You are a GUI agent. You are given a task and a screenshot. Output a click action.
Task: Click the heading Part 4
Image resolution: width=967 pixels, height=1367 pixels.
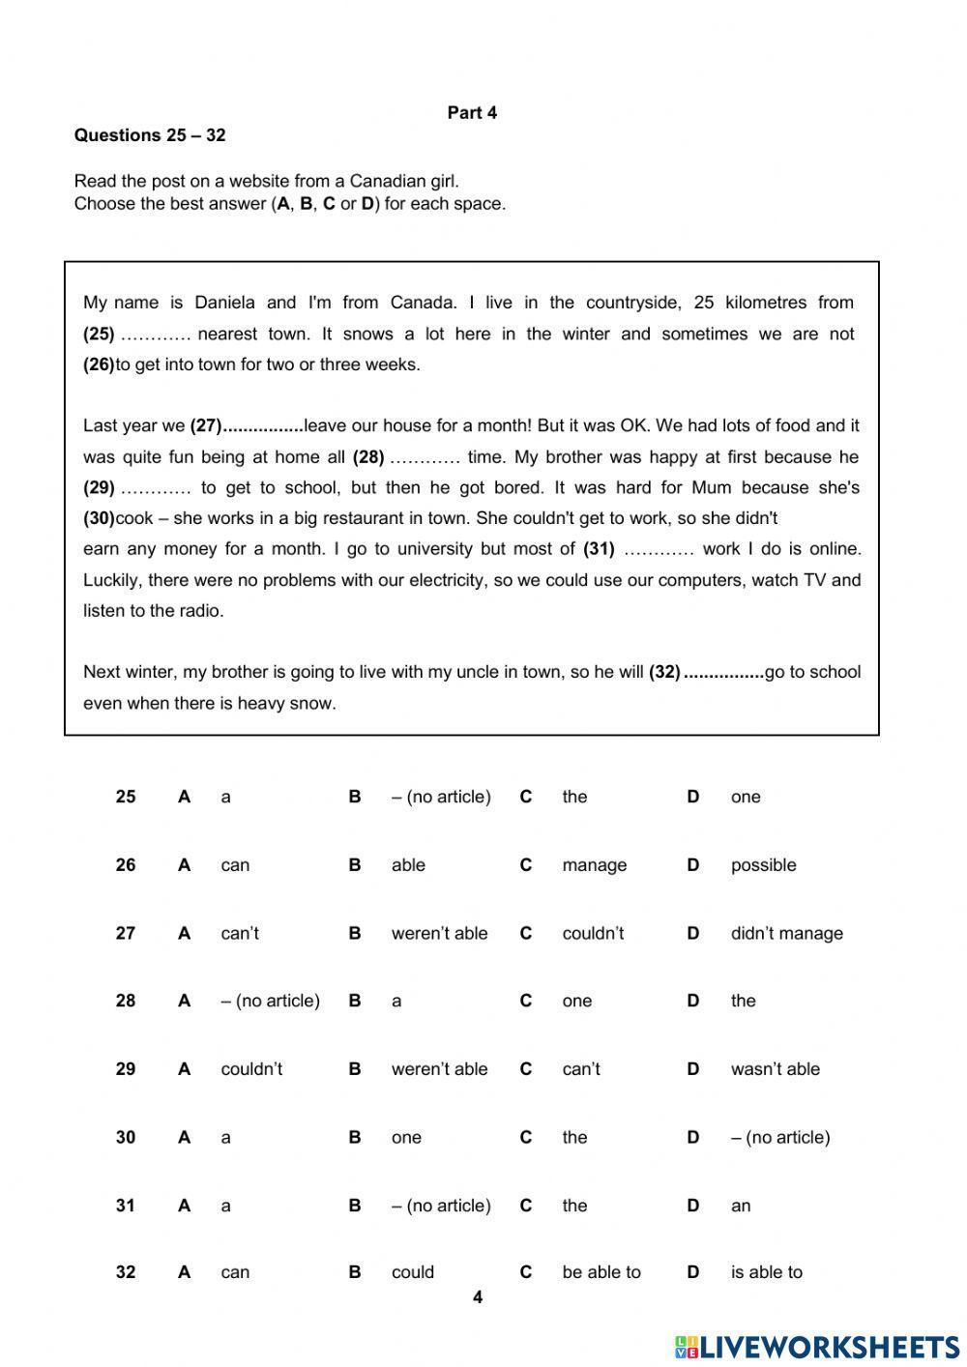tap(472, 113)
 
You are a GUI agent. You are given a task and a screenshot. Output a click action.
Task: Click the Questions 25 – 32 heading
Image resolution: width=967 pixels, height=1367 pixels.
tap(150, 135)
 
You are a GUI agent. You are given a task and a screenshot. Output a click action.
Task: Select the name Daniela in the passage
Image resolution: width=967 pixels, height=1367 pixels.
tap(224, 303)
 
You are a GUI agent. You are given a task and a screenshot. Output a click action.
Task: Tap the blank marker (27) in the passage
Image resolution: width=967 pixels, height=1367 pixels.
tap(206, 425)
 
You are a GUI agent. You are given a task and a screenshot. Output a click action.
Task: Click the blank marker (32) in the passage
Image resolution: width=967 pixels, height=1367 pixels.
tap(664, 672)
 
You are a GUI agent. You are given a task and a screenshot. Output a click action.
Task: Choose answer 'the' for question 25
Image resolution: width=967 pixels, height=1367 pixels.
tap(574, 797)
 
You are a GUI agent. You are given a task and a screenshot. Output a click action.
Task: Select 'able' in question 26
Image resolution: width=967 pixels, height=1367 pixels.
tap(408, 865)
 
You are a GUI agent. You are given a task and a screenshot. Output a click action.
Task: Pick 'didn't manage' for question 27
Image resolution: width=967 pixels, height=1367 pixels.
tap(786, 933)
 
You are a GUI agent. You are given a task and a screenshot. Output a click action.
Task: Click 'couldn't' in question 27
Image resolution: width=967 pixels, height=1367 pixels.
tap(593, 933)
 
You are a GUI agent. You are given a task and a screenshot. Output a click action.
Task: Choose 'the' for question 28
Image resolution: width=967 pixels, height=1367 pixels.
tap(743, 1001)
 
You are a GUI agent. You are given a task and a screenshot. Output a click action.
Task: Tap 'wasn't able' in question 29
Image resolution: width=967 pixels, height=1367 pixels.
tap(775, 1069)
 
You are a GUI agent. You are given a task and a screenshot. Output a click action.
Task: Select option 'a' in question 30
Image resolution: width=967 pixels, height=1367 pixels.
tap(225, 1137)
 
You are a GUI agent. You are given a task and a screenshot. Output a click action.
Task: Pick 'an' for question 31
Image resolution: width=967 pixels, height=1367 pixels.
tap(741, 1206)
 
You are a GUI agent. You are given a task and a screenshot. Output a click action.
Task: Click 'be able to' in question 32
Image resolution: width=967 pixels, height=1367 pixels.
tap(601, 1272)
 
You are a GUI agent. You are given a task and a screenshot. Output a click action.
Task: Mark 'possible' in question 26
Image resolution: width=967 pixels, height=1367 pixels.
tap(763, 865)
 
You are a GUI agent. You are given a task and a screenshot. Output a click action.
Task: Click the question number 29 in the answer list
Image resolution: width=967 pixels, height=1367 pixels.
tap(126, 1069)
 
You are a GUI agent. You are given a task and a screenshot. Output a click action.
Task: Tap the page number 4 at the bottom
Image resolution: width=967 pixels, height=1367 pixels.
tap(478, 1297)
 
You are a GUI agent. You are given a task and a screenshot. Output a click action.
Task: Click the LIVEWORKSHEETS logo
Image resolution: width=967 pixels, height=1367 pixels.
tap(817, 1347)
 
